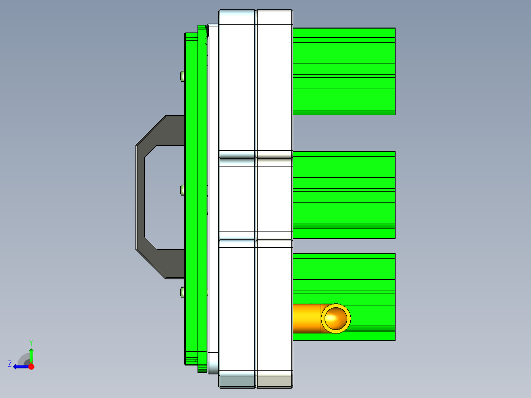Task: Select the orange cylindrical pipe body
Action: (x=306, y=319)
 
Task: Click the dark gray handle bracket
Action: (x=140, y=197)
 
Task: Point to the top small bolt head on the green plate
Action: (x=182, y=76)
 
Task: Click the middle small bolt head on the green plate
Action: (x=182, y=190)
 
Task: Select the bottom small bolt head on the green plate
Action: (x=182, y=293)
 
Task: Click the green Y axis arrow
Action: (x=31, y=354)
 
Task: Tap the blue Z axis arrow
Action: (x=20, y=366)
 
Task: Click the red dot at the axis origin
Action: (x=31, y=366)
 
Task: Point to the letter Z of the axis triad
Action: (x=10, y=364)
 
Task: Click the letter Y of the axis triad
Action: (x=31, y=342)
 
